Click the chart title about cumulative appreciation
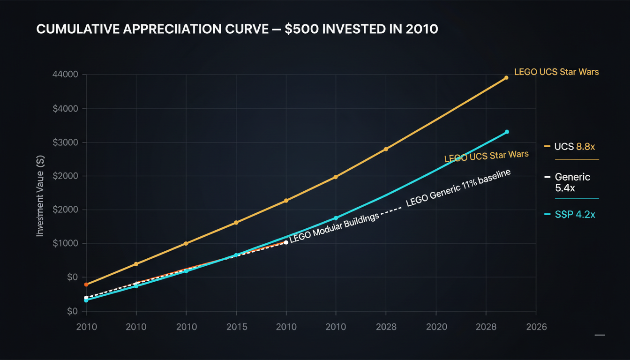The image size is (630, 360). (x=237, y=29)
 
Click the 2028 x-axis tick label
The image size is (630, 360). (x=386, y=327)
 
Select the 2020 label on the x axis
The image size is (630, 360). (x=436, y=327)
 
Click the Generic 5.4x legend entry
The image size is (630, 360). (x=569, y=182)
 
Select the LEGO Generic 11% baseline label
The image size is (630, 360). (x=457, y=188)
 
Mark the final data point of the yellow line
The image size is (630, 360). (x=506, y=78)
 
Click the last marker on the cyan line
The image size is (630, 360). (x=507, y=132)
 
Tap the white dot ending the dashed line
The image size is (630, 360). (x=286, y=242)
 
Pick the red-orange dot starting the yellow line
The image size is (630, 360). (x=86, y=285)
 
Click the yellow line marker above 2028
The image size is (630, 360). (x=386, y=149)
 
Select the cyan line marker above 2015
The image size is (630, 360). (x=236, y=255)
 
